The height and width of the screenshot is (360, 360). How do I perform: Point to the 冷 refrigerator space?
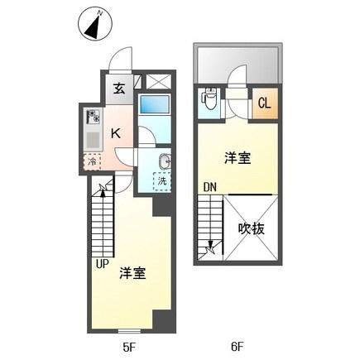92,162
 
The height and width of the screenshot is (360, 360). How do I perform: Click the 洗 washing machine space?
160,178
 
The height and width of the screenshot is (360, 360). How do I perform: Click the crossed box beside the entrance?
155,83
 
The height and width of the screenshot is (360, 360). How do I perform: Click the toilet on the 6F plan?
210,101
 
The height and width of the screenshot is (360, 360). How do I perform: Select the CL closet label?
264,103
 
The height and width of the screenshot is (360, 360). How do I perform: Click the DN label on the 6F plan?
210,189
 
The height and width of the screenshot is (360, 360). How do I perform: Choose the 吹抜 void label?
251,228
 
